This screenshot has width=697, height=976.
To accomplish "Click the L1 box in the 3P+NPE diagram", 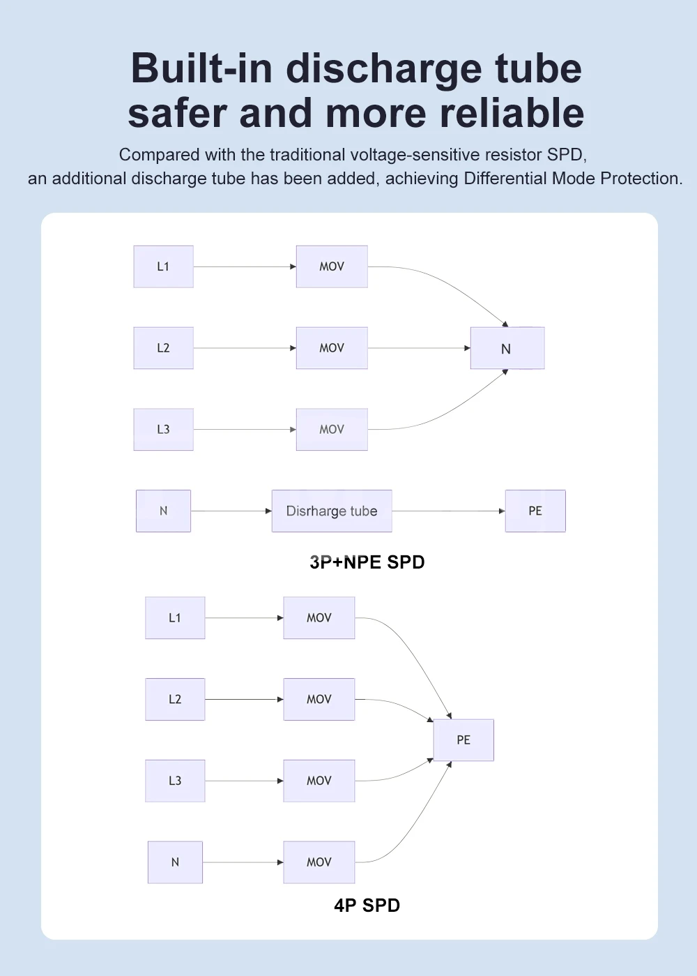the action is (163, 266).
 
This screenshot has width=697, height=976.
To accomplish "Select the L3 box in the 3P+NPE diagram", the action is (163, 429).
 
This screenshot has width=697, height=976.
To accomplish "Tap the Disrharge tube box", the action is (332, 511).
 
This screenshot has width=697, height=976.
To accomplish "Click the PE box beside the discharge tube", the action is (535, 511).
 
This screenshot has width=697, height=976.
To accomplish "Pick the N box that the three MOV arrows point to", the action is (507, 347).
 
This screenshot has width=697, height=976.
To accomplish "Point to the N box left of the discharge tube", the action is (163, 511).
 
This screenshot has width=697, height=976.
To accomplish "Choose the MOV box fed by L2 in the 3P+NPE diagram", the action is (332, 347).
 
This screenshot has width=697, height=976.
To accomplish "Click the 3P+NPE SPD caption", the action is (367, 562).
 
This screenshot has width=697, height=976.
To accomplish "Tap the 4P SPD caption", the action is (367, 905).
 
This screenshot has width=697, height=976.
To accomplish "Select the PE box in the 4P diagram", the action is (464, 739).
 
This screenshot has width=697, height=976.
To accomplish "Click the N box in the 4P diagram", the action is (175, 862).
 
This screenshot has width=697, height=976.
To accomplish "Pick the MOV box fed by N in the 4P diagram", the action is (319, 862).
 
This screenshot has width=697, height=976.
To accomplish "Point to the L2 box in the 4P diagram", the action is (175, 699).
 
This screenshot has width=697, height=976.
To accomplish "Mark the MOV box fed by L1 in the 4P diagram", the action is (319, 617).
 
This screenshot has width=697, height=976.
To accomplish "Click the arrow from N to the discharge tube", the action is (231, 511).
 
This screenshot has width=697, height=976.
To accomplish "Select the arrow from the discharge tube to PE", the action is (448, 511).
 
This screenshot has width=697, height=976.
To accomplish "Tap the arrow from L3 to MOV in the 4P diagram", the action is (244, 781).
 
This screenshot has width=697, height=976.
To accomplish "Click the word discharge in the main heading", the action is (383, 70).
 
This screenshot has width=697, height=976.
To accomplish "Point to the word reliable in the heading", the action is (512, 112).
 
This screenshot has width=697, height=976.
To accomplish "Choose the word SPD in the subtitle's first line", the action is (567, 155).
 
